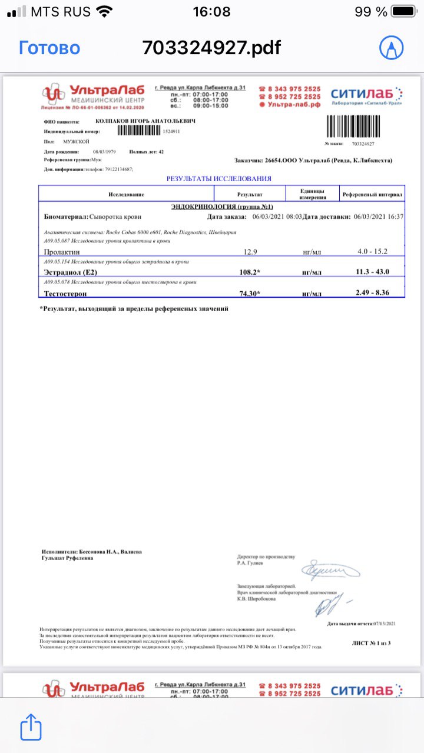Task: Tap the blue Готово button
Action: click(49, 48)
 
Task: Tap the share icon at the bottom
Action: click(31, 727)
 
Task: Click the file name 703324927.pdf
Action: click(211, 48)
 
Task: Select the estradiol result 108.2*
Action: click(250, 272)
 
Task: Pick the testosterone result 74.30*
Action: click(250, 292)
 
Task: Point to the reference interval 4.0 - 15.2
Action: click(372, 251)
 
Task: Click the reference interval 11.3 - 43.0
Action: click(372, 272)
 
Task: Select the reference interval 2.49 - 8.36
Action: click(372, 292)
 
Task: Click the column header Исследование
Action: click(126, 194)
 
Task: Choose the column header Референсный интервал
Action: click(372, 194)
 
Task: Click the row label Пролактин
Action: click(62, 252)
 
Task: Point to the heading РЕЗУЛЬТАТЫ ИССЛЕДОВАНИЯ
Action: click(218, 178)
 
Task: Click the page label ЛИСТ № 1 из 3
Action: click(371, 643)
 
